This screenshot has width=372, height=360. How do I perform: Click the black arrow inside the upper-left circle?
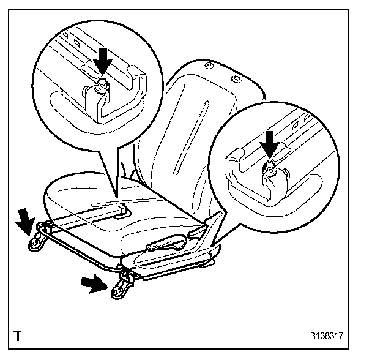click(103, 61)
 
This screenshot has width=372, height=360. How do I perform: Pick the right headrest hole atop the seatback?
click(236, 78)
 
